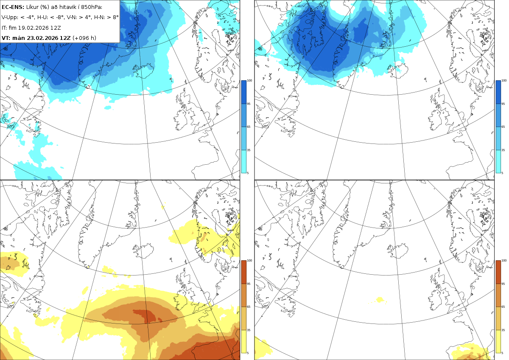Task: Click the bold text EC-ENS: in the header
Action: (x=13, y=7)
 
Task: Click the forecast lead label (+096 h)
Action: (x=84, y=38)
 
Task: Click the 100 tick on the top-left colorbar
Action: (x=249, y=81)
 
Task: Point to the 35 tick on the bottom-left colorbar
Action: (x=249, y=330)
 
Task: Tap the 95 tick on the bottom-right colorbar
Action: (x=503, y=284)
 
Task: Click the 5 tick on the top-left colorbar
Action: (x=248, y=173)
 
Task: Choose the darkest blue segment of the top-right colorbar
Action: (x=498, y=92)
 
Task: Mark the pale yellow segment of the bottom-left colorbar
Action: (x=243, y=341)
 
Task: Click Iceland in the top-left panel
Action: (x=144, y=71)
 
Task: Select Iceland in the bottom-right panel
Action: (x=398, y=250)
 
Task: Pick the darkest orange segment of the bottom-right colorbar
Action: (x=498, y=272)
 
